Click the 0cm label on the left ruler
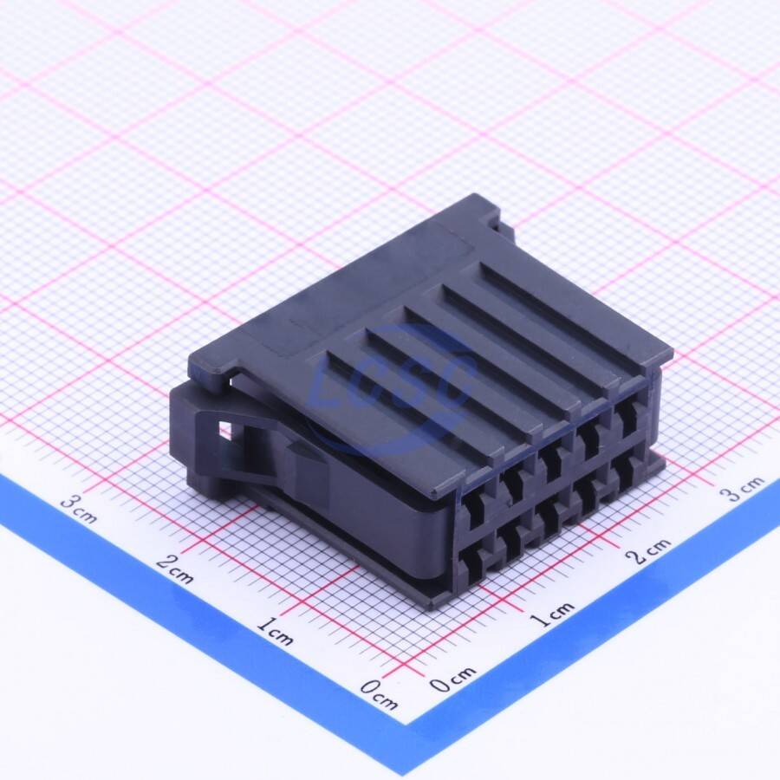coord(379,694)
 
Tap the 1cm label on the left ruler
coord(275,631)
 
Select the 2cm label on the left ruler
coord(174,569)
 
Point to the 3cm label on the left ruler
coord(79,510)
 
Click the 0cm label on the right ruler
coord(452,679)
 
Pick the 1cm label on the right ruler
coord(552,614)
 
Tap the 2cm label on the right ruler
coord(651,550)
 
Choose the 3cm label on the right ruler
coord(742,489)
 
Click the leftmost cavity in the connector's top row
coord(474,508)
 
